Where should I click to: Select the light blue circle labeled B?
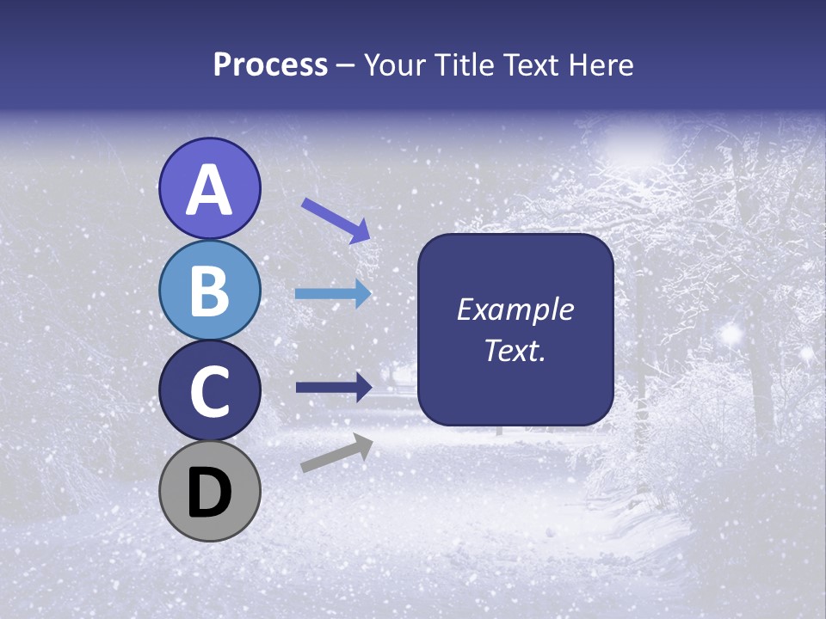pyautogui.click(x=209, y=290)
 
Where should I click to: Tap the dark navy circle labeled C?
pyautogui.click(x=209, y=391)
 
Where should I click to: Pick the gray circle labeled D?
pyautogui.click(x=209, y=492)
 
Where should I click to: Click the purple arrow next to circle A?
pyautogui.click(x=336, y=220)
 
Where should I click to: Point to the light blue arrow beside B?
pyautogui.click(x=333, y=293)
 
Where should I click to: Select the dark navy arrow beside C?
pyautogui.click(x=333, y=387)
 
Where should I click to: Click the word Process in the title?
pyautogui.click(x=270, y=64)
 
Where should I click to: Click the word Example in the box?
pyautogui.click(x=515, y=309)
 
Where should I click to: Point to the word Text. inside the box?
pyautogui.click(x=515, y=350)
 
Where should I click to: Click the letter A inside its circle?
pyautogui.click(x=209, y=190)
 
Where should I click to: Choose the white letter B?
pyautogui.click(x=209, y=291)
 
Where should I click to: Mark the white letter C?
pyautogui.click(x=209, y=392)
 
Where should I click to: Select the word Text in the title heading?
pyautogui.click(x=531, y=64)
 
